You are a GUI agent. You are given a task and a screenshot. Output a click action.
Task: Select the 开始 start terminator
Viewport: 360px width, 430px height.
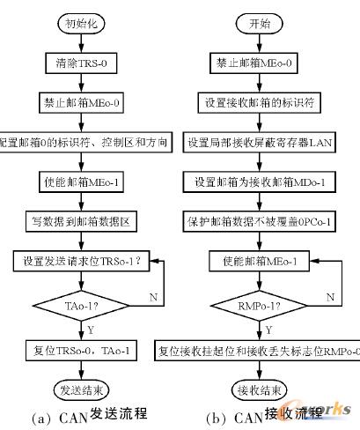point(258,24)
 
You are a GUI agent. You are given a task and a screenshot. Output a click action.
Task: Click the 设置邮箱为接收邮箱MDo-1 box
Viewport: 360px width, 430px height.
point(258,182)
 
